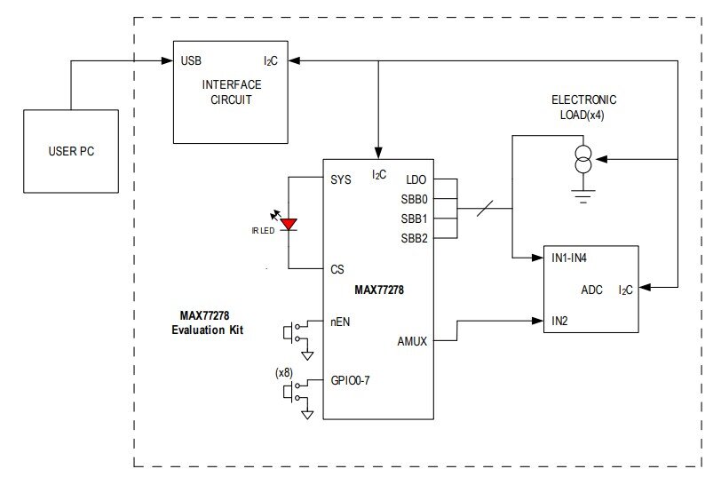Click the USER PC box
pyautogui.click(x=71, y=151)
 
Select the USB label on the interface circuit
pyautogui.click(x=191, y=61)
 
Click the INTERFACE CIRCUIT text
pyautogui.click(x=232, y=91)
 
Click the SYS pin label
pyautogui.click(x=340, y=179)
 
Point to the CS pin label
pyautogui.click(x=337, y=269)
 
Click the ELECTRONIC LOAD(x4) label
pyautogui.click(x=583, y=107)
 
